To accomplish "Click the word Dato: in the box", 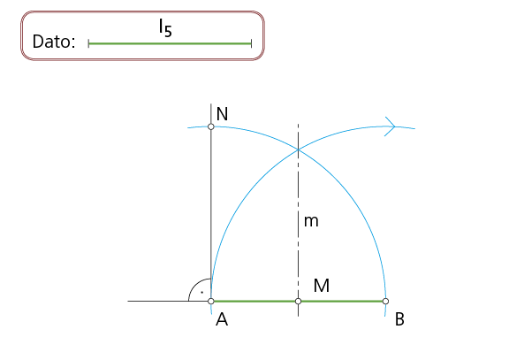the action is point(54,42).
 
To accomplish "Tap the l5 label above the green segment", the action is point(165,27).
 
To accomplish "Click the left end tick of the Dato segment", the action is point(88,43).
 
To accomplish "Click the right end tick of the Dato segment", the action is point(251,43).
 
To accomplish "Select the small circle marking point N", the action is point(211,126).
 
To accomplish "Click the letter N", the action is point(222,114).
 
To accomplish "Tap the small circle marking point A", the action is point(211,302).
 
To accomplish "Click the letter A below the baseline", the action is point(222,319).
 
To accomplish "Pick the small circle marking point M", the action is point(299,302).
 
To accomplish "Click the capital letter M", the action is point(322,286).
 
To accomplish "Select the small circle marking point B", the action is point(385,302).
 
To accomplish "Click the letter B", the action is point(399,319).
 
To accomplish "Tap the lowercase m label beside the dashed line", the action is point(311,221).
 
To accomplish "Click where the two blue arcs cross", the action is point(299,149).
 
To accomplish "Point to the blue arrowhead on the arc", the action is point(390,126).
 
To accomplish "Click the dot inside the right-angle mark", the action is point(201,293).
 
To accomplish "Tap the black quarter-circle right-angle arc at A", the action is point(195,285).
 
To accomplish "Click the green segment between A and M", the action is point(254,302).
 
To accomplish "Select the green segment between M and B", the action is point(342,302).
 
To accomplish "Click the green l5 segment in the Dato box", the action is point(170,43).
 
